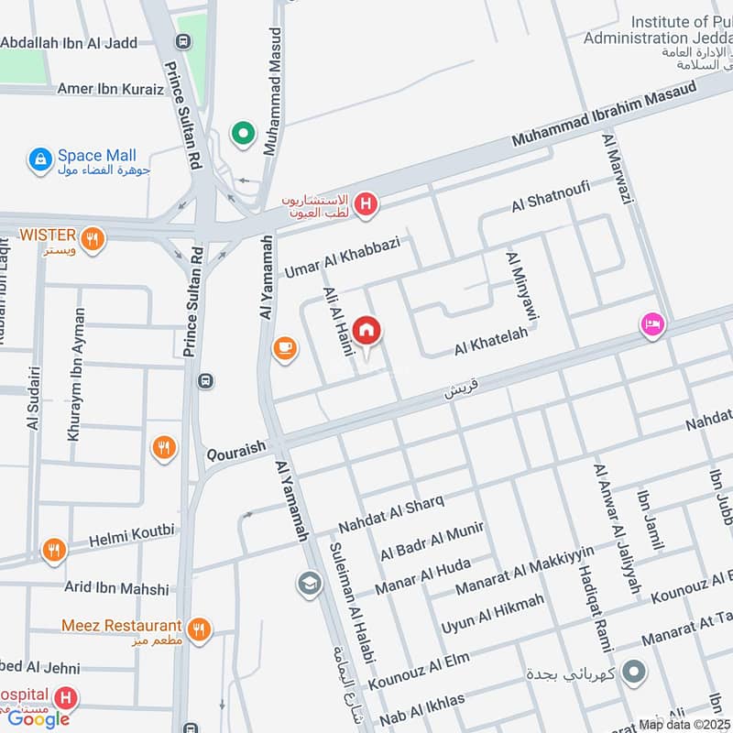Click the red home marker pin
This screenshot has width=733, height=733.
click(x=367, y=331)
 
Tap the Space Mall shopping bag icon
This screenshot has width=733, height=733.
click(x=40, y=160)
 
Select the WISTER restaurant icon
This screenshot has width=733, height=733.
click(x=93, y=239)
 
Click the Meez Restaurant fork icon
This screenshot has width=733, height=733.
click(x=198, y=629)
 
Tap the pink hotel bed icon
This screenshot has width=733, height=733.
click(x=652, y=324)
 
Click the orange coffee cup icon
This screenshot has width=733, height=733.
click(x=285, y=349)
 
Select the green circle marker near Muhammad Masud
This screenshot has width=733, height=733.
click(x=243, y=135)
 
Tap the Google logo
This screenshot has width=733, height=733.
click(x=38, y=718)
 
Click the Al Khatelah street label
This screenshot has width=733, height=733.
click(x=491, y=343)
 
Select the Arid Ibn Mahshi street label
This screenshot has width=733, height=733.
click(x=116, y=588)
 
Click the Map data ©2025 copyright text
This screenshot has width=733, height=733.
click(x=685, y=725)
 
